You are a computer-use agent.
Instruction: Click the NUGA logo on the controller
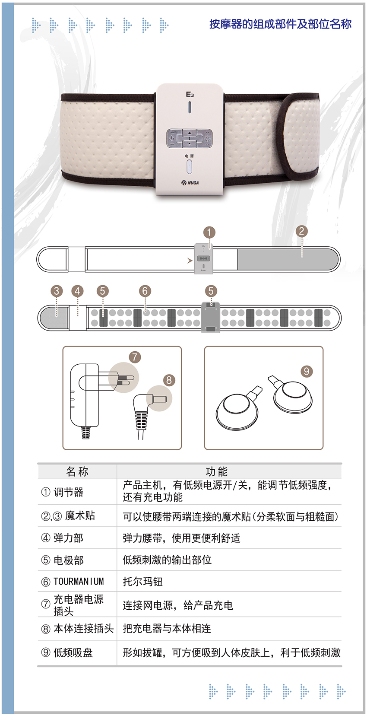click(x=190, y=183)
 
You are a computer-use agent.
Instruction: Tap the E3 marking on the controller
click(x=190, y=94)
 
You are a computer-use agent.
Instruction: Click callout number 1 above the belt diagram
click(x=209, y=232)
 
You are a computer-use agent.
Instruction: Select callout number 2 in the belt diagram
click(x=301, y=231)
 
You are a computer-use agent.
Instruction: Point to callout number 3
click(x=57, y=291)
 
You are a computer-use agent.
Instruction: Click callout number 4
click(x=77, y=291)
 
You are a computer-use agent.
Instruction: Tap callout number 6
click(x=145, y=291)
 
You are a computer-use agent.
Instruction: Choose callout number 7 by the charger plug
click(x=135, y=357)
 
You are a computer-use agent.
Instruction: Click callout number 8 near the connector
click(x=169, y=380)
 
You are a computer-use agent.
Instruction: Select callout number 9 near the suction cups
click(x=306, y=371)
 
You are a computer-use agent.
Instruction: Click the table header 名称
click(x=77, y=471)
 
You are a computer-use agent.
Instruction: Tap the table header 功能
click(x=217, y=471)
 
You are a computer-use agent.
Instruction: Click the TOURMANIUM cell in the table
click(x=79, y=582)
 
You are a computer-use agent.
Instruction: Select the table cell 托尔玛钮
click(x=143, y=582)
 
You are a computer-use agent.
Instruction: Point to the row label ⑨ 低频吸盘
click(x=67, y=652)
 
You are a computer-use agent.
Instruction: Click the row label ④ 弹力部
click(x=62, y=538)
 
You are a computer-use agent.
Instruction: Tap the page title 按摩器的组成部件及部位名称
click(x=281, y=24)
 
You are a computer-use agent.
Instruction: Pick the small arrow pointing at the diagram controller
click(x=190, y=261)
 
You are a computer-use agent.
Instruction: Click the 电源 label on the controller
click(x=189, y=156)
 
